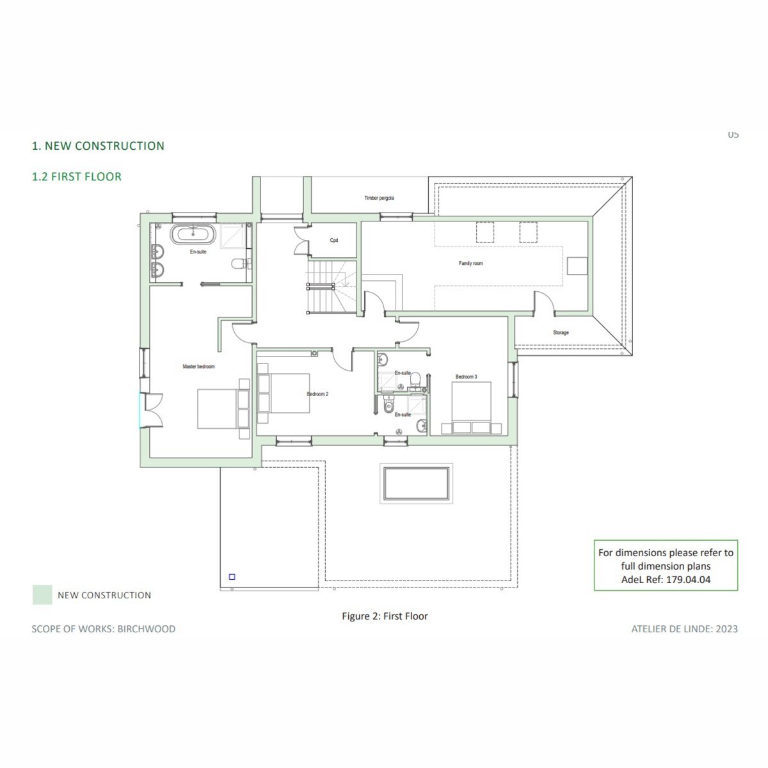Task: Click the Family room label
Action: (x=470, y=264)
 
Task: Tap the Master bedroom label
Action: (x=198, y=366)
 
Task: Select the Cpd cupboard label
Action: (x=334, y=241)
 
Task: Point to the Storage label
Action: (x=561, y=332)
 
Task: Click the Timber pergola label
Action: (x=379, y=198)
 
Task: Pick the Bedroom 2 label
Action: (x=317, y=394)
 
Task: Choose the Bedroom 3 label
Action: (x=467, y=376)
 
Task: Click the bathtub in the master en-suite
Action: (x=193, y=234)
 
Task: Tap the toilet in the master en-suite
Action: (x=239, y=264)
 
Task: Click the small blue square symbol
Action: (x=232, y=577)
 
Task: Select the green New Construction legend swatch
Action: (x=42, y=595)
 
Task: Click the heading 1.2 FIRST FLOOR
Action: (x=77, y=177)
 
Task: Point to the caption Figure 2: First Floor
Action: (x=385, y=616)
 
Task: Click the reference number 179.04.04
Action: (x=688, y=579)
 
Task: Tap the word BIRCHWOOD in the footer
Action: (x=147, y=629)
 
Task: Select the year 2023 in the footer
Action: (x=727, y=629)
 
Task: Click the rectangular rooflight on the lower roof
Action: (x=416, y=483)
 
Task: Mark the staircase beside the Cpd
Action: (x=332, y=287)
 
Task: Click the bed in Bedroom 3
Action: (x=471, y=408)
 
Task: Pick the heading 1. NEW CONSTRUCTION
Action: (x=98, y=146)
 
